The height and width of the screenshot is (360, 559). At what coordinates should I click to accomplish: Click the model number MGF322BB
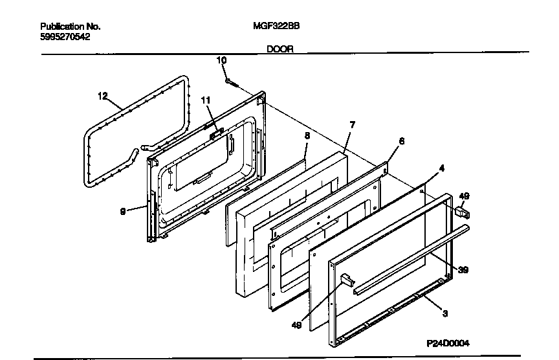tap(276, 27)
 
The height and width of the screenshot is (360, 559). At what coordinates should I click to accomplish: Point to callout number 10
tap(221, 60)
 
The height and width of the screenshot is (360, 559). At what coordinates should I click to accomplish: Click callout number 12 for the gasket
tap(102, 96)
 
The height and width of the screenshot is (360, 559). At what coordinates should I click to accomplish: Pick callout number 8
tap(307, 135)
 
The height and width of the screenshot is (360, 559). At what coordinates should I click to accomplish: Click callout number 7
tap(351, 124)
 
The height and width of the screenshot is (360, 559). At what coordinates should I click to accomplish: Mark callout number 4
tap(441, 168)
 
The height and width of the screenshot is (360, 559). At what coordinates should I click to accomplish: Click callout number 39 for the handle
tap(463, 270)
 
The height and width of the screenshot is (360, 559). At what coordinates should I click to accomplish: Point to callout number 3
tap(446, 315)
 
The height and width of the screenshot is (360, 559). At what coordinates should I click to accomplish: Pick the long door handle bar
tap(408, 260)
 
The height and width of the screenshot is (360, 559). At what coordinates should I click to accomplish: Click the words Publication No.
tap(70, 27)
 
